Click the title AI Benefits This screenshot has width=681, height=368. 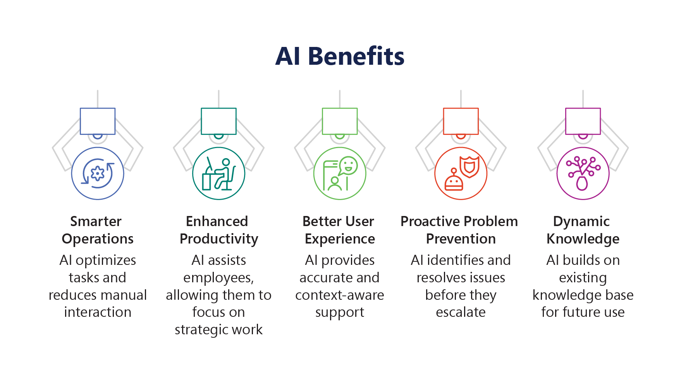(x=340, y=56)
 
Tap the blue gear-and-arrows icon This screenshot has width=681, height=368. (x=98, y=173)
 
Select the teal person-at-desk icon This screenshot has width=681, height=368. (x=218, y=173)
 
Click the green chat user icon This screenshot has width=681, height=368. (x=340, y=173)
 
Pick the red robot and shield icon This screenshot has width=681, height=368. (x=461, y=173)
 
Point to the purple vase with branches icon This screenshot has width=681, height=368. (x=583, y=173)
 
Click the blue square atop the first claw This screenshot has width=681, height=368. (x=98, y=121)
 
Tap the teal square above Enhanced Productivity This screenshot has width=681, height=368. (x=218, y=121)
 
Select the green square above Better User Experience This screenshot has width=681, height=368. (x=340, y=121)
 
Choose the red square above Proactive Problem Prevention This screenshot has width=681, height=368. (x=461, y=121)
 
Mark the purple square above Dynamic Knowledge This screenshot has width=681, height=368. (x=583, y=121)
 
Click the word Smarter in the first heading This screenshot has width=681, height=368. (x=96, y=221)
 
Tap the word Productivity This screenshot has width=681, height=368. (x=219, y=239)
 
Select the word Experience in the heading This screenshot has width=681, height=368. (x=340, y=239)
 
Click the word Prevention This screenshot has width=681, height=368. (x=461, y=239)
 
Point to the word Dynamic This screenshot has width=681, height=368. (x=581, y=222)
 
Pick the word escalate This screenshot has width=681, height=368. (x=461, y=312)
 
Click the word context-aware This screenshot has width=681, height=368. (x=340, y=295)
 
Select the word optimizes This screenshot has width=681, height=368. (x=106, y=261)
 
